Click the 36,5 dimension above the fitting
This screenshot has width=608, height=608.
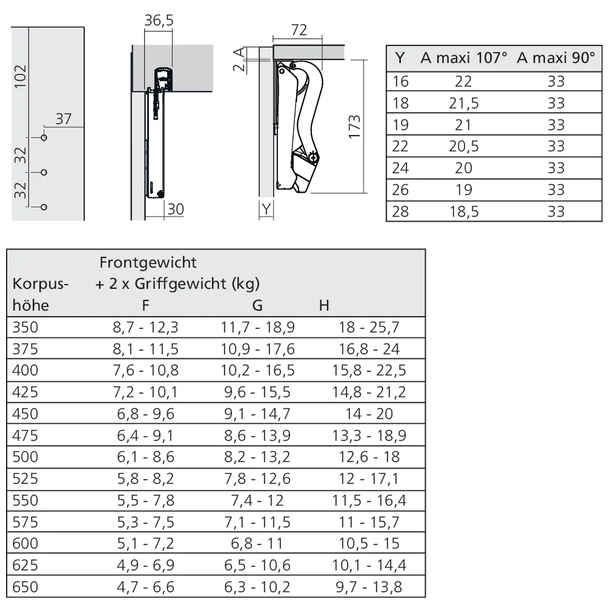159,21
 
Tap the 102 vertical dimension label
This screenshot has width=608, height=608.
20,77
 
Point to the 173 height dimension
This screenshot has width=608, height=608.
355,126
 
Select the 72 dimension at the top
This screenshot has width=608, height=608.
299,30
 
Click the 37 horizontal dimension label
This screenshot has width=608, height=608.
64,119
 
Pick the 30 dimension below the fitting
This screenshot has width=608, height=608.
175,209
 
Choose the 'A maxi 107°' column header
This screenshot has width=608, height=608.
463,58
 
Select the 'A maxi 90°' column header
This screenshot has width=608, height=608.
556,58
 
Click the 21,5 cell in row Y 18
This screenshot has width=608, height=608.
464,103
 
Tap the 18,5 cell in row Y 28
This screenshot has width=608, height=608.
464,212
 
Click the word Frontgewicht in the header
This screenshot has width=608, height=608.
148,262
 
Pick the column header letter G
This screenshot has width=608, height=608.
257,305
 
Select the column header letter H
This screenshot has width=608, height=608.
324,305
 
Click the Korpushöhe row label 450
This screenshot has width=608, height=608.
25,414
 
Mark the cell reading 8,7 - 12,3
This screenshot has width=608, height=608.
145,328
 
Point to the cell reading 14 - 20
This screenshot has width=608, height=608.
369,414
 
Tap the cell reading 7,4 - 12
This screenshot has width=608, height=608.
257,500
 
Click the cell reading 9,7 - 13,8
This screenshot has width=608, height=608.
369,587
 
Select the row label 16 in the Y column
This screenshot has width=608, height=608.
401,81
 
